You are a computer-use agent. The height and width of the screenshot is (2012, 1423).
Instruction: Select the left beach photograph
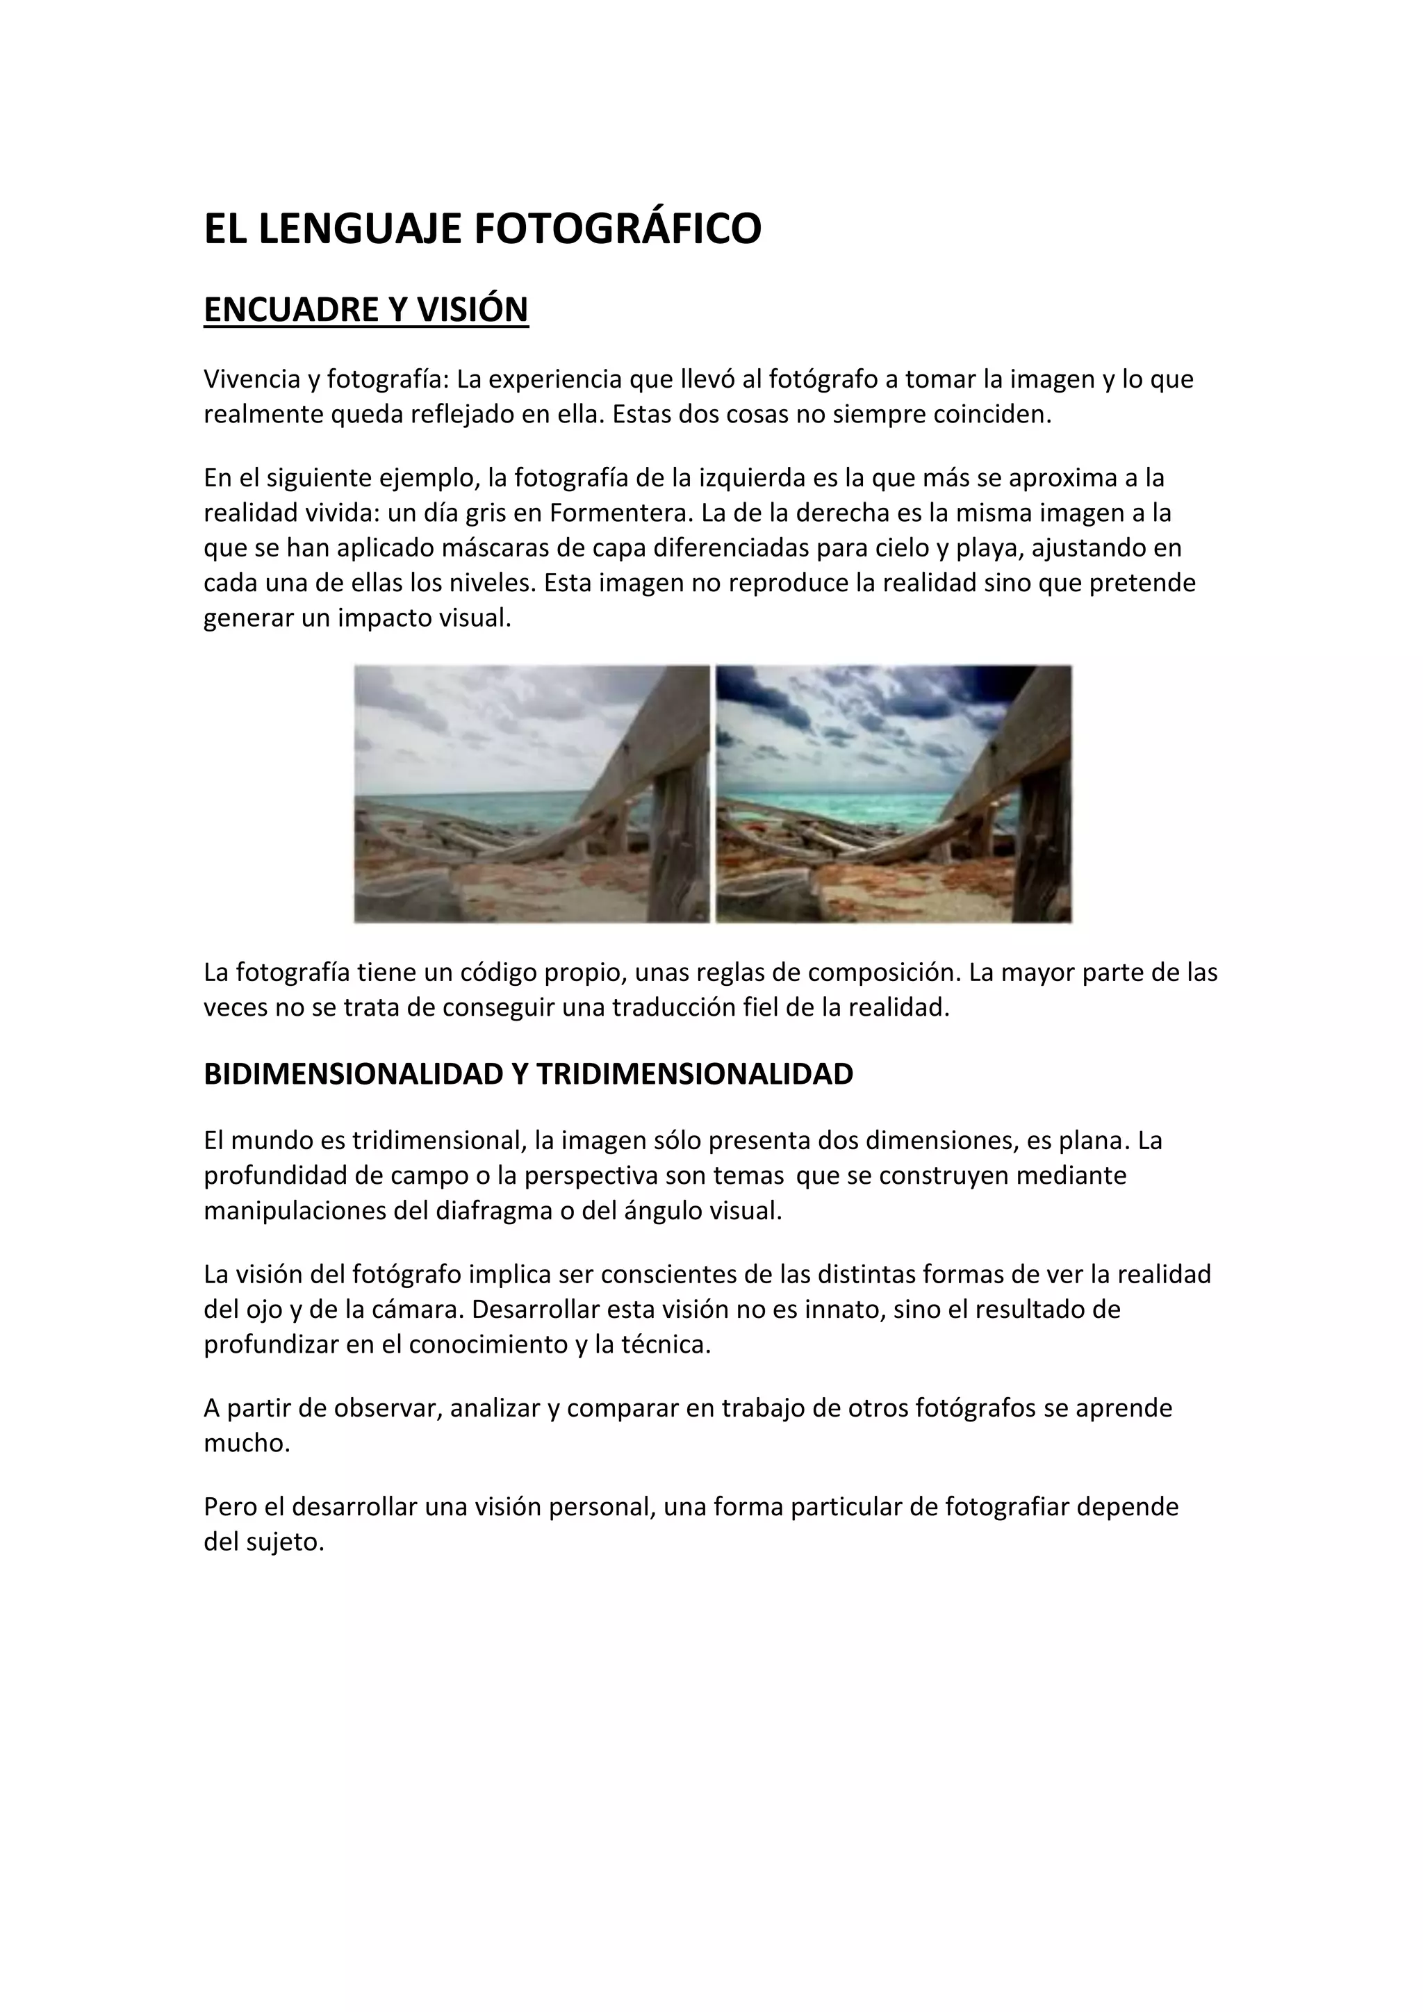532,794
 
